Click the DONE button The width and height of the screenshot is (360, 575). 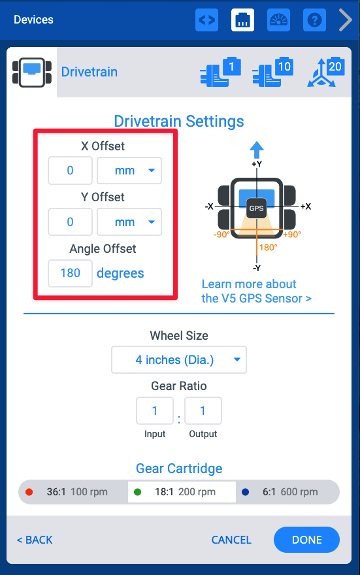coord(306,540)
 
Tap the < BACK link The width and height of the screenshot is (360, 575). coord(35,540)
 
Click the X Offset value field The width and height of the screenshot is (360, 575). coord(70,171)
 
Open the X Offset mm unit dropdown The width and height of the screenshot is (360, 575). coord(129,171)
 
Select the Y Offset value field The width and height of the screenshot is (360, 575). coord(70,222)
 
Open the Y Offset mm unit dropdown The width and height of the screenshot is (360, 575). coord(129,222)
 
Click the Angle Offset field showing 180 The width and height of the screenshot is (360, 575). coord(70,273)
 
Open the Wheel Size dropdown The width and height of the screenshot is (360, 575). coord(179,359)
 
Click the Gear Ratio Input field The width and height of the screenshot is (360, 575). coord(155,411)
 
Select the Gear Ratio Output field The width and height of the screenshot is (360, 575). coord(203,411)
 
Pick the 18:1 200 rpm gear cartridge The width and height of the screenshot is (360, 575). coord(182,492)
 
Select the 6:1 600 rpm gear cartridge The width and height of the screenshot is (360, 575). coord(287,492)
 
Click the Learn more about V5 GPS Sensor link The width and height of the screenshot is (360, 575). coord(256,291)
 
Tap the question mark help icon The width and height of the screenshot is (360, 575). coord(314,20)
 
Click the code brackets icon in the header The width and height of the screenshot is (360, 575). coord(206,20)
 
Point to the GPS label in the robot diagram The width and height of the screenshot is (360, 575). coord(256,208)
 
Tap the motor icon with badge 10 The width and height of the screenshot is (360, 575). coord(272,73)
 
